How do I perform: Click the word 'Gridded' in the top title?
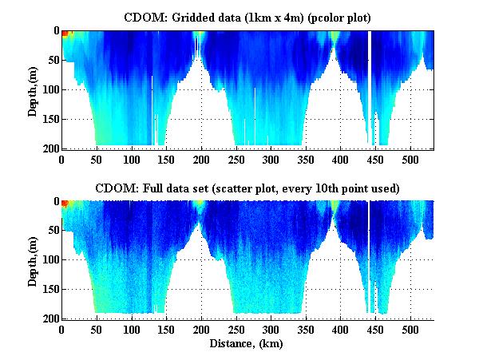pyautogui.click(x=186, y=16)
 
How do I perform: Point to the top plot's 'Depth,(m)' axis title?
pyautogui.click(x=33, y=89)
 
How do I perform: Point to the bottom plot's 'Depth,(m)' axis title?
pyautogui.click(x=33, y=260)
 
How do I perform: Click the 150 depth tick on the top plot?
pyautogui.click(x=47, y=119)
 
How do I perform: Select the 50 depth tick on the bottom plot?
pyautogui.click(x=50, y=231)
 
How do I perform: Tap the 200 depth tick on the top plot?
pyautogui.click(x=47, y=148)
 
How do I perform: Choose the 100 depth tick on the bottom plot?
pyautogui.click(x=47, y=260)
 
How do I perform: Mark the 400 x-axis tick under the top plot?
pyautogui.click(x=341, y=159)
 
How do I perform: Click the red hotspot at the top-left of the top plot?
pyautogui.click(x=65, y=34)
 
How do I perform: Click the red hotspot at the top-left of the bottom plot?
pyautogui.click(x=65, y=204)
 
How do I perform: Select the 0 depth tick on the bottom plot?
pyautogui.click(x=54, y=202)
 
